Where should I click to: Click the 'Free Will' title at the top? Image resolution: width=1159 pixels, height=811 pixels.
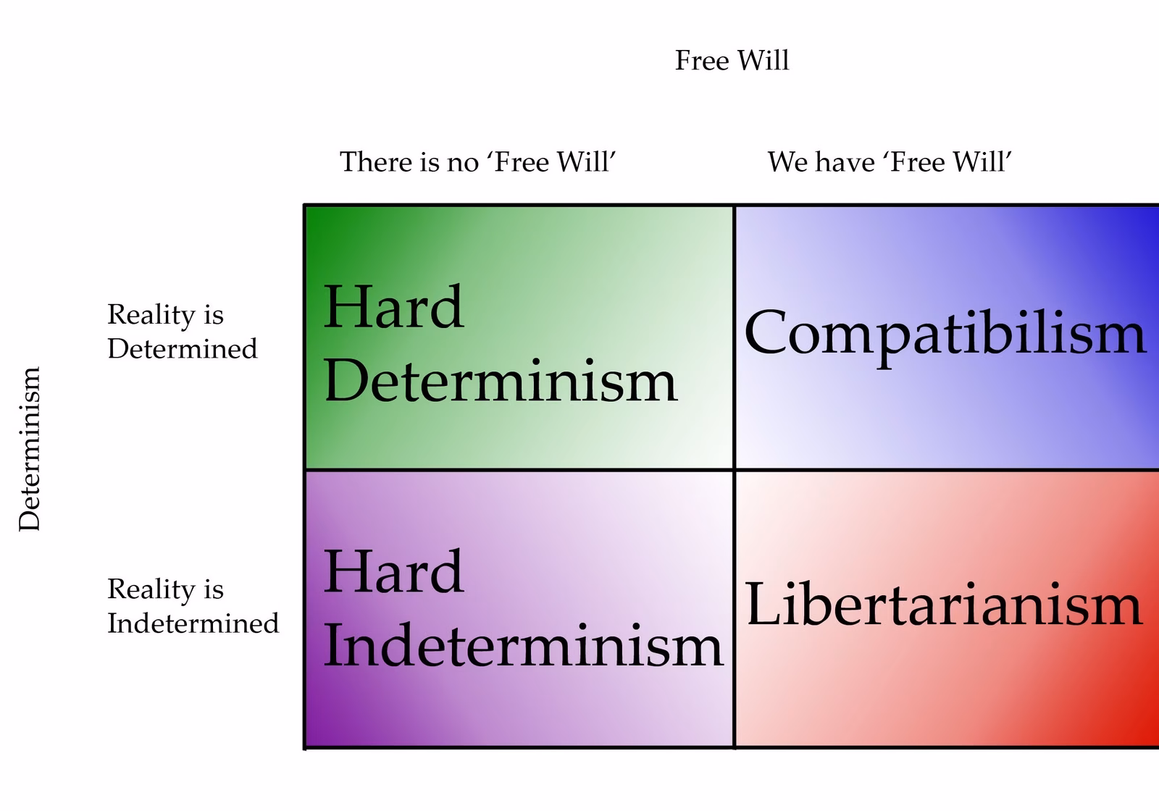pyautogui.click(x=732, y=60)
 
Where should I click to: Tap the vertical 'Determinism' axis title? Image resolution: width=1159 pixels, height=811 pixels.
pyautogui.click(x=30, y=449)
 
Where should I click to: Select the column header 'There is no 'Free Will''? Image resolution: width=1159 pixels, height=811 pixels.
pyautogui.click(x=477, y=161)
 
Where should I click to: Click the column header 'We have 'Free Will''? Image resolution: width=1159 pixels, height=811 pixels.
pyautogui.click(x=889, y=161)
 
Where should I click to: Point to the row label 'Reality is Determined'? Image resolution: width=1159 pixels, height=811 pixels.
pyautogui.click(x=182, y=332)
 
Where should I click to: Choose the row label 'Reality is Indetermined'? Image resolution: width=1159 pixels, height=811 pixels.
pyautogui.click(x=193, y=606)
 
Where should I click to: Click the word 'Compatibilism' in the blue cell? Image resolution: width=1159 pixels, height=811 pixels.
pyautogui.click(x=945, y=333)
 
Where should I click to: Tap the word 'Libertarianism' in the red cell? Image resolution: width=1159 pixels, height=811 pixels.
pyautogui.click(x=944, y=605)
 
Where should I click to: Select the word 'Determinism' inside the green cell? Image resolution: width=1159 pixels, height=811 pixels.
pyautogui.click(x=500, y=381)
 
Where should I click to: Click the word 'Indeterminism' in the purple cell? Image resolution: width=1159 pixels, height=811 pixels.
pyautogui.click(x=523, y=646)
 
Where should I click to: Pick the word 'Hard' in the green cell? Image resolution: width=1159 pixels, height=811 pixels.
pyautogui.click(x=393, y=307)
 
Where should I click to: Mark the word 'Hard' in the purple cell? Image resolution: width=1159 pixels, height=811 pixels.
pyautogui.click(x=393, y=572)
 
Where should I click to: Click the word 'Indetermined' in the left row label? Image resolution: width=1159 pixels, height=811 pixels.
pyautogui.click(x=193, y=623)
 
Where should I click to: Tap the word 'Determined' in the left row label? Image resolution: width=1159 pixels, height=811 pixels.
pyautogui.click(x=182, y=349)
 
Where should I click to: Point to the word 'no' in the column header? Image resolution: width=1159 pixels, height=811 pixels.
pyautogui.click(x=462, y=162)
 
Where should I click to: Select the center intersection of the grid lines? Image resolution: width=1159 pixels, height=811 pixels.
pyautogui.click(x=735, y=470)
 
